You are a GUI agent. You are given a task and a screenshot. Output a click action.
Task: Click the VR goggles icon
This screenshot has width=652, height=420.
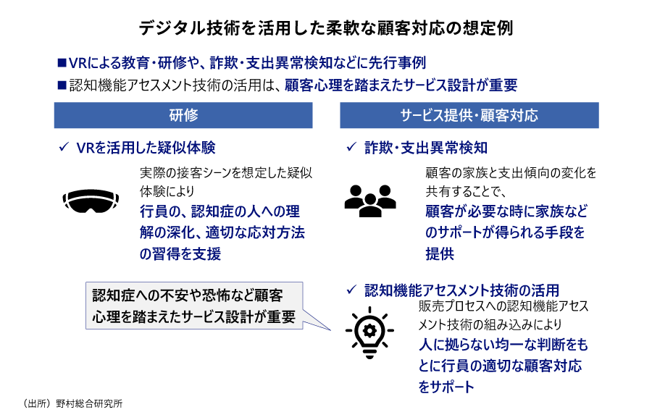point(91,201)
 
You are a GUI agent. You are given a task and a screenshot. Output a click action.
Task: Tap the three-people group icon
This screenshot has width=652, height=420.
point(369,201)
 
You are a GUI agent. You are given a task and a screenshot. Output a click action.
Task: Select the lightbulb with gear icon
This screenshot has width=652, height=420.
point(369,332)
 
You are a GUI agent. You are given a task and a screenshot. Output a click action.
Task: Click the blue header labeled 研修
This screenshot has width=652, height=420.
point(183,115)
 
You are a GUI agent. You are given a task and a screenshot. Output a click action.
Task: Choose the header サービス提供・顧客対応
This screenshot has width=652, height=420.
point(469,115)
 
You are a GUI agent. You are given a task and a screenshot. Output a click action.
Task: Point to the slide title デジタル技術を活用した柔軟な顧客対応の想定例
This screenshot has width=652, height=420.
point(326,28)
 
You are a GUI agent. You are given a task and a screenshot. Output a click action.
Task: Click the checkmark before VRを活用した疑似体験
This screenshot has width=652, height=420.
point(64,147)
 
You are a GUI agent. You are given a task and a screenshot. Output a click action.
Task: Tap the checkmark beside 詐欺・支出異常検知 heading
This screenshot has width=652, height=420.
point(351,147)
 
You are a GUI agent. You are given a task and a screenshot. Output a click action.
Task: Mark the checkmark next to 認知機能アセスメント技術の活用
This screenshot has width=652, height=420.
point(351,290)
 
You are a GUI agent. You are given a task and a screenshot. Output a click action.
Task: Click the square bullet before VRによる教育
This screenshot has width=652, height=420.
point(62,63)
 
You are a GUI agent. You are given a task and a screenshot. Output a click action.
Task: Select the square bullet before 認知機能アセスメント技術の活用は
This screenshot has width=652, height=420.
point(62,85)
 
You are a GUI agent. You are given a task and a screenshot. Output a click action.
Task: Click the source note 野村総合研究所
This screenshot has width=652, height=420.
point(89,403)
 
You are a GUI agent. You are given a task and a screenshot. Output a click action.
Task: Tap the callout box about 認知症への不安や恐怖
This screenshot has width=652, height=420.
point(194,306)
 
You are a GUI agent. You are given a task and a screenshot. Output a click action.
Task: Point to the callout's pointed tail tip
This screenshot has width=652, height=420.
point(331,330)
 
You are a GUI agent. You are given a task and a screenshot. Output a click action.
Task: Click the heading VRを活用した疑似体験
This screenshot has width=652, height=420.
point(146,148)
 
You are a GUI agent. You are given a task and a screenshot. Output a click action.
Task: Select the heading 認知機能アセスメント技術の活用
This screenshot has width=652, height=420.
point(462,290)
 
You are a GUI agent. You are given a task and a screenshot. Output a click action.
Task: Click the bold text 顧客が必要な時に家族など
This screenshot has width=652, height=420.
point(506,211)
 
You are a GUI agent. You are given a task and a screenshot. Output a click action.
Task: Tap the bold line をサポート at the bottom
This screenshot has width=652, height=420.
point(446,387)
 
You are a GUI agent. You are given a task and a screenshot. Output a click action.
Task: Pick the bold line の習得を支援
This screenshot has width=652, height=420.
point(180,253)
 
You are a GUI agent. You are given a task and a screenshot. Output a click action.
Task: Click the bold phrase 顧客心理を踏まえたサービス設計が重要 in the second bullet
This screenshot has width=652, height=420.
point(401,85)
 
